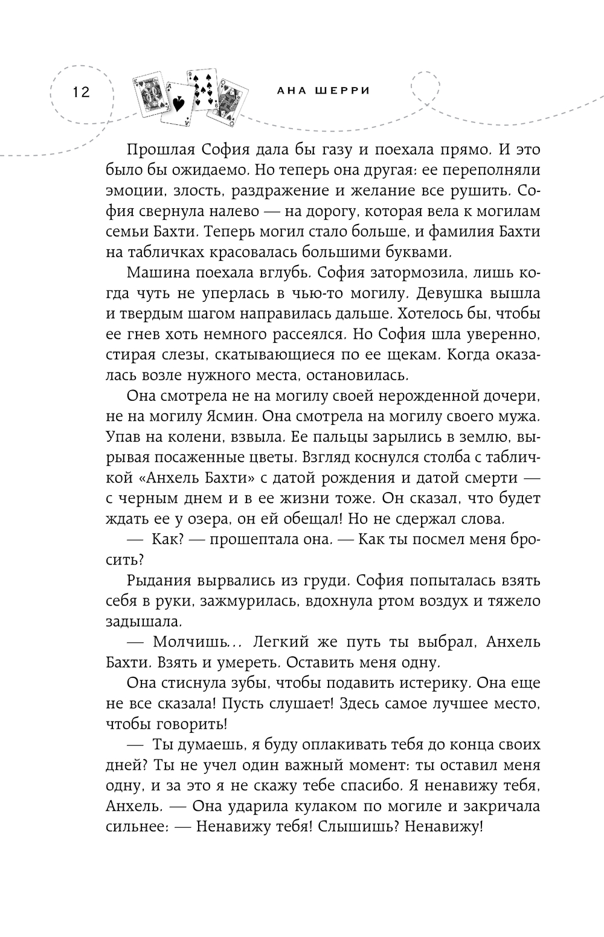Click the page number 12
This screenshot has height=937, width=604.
coord(80,92)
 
